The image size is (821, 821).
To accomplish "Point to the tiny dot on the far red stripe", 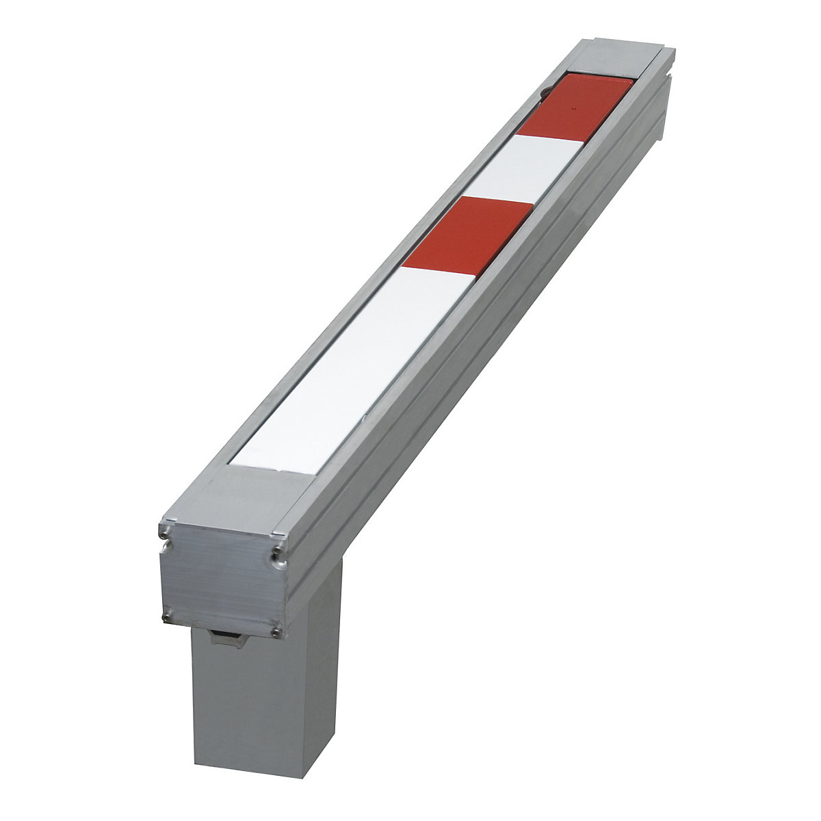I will point(574,108).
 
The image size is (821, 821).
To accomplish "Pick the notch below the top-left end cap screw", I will point(164,545).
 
